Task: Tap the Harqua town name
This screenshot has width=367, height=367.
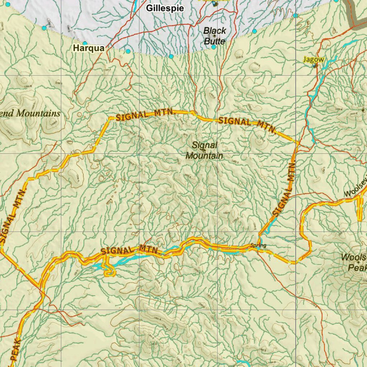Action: [89, 48]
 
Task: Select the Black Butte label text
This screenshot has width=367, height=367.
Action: [215, 36]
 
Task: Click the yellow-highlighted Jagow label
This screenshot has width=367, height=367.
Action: [314, 59]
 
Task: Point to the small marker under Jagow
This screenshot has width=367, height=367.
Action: [315, 66]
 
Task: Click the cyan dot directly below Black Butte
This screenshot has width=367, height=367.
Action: [214, 47]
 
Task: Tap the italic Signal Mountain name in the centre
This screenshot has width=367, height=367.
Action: [204, 151]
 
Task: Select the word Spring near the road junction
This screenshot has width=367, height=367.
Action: [258, 246]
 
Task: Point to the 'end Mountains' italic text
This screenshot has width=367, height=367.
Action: [30, 114]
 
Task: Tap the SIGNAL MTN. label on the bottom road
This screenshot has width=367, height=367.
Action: [130, 250]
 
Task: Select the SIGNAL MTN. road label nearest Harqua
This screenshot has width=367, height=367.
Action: [145, 115]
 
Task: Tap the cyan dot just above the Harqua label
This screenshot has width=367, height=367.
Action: [85, 43]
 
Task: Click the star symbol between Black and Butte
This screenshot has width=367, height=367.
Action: [214, 36]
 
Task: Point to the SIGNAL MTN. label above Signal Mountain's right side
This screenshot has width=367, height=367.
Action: [247, 124]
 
